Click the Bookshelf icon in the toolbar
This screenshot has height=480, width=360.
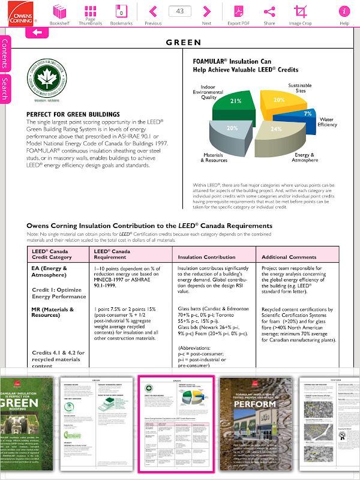point(59,11)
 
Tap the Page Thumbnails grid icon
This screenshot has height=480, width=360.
point(90,11)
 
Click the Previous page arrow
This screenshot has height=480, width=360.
point(153,11)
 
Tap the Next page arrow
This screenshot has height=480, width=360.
point(206,11)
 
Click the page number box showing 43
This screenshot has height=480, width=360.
point(180,11)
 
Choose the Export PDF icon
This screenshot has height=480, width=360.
point(238,11)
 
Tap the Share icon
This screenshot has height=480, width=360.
point(269,11)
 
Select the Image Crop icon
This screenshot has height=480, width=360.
point(300,11)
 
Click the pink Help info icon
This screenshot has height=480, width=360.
point(344,11)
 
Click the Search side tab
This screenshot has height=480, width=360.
point(5,88)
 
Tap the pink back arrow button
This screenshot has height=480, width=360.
point(37,32)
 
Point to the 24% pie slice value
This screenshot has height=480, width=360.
point(276,129)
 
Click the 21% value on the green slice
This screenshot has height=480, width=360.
point(235,101)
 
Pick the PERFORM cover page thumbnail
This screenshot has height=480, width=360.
point(256,423)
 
